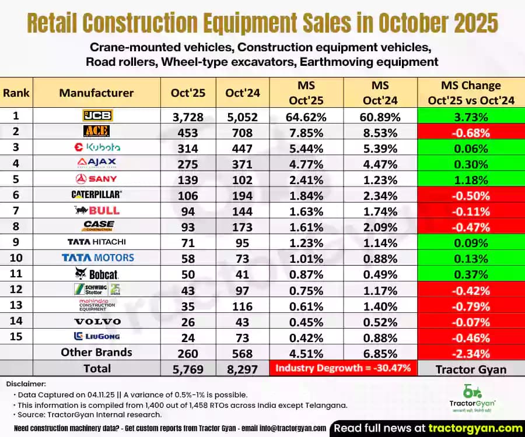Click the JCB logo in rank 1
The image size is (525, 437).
coord(97,115)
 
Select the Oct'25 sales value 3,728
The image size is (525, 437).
coord(188,116)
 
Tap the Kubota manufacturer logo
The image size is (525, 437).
coord(97,147)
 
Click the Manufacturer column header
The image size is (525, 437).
coord(97,93)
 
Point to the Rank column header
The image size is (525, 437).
coord(16,93)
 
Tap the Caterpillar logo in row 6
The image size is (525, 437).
coord(97,195)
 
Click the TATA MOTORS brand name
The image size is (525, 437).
coord(98,258)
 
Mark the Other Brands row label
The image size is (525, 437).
coord(97,352)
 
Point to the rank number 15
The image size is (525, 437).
coord(16,336)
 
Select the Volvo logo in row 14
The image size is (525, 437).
coord(97,321)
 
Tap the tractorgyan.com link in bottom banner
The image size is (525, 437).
coord(473,427)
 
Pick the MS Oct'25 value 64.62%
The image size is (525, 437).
coord(306,116)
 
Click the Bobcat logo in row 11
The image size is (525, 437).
coord(97,273)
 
